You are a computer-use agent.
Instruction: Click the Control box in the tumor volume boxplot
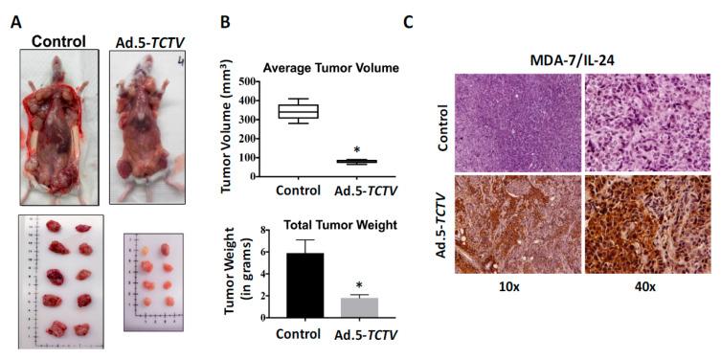tap(298, 112)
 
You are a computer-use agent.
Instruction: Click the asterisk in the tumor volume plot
tap(356, 151)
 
